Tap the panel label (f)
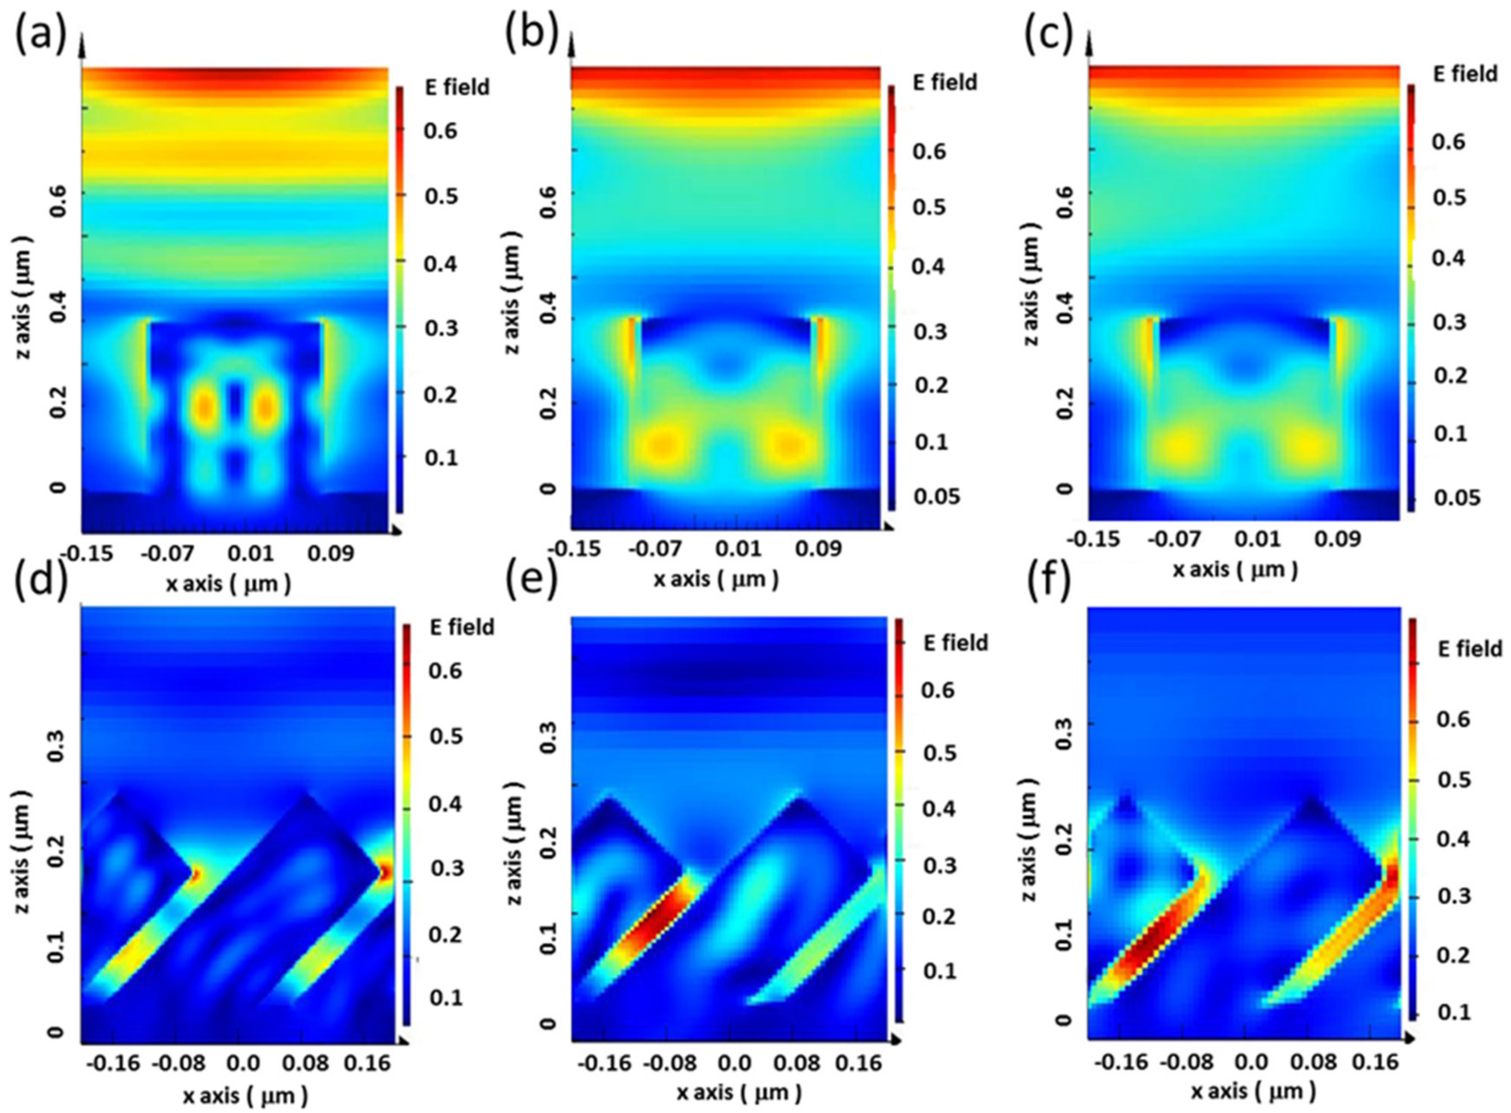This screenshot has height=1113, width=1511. [1047, 578]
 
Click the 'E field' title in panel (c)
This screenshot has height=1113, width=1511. [1465, 74]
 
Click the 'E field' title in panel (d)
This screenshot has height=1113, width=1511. [462, 627]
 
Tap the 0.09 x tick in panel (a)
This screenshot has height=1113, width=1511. [331, 554]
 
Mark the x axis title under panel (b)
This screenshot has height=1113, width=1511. [716, 579]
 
